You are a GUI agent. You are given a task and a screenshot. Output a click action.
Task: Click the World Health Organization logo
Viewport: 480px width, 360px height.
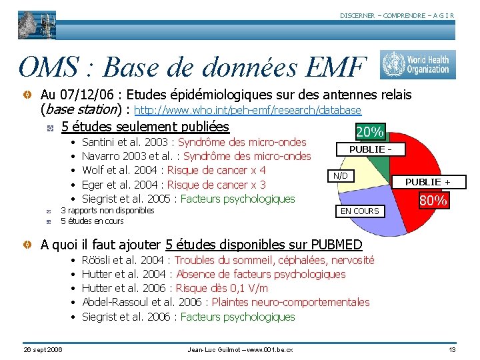click(418, 65)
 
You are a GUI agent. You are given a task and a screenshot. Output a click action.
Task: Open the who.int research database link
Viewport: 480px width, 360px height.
click(248, 110)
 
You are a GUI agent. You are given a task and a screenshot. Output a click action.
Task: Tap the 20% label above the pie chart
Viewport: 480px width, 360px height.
click(370, 132)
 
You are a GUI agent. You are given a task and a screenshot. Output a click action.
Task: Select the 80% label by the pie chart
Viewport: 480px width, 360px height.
click(433, 200)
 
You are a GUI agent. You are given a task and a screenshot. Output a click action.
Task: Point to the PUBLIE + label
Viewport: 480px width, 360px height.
click(427, 182)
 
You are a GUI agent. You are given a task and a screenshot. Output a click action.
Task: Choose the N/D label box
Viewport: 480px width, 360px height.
click(341, 176)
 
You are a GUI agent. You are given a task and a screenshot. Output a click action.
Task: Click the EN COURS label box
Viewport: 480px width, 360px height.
click(360, 211)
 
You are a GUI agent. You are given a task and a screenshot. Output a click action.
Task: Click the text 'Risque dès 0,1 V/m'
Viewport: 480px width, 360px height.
click(221, 288)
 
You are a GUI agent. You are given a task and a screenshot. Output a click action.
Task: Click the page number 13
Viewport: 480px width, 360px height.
click(452, 350)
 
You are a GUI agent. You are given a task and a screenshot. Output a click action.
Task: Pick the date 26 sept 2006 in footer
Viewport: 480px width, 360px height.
click(42, 350)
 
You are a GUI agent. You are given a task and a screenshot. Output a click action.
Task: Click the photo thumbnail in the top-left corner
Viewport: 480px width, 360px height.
click(37, 25)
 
